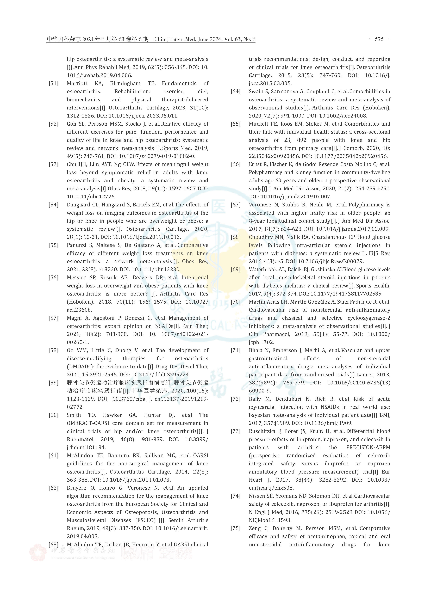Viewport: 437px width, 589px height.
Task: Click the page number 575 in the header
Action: (x=379, y=39)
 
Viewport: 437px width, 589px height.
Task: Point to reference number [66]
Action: (x=235, y=164)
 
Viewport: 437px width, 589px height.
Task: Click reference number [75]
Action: (x=235, y=528)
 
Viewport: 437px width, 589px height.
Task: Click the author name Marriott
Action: (x=77, y=84)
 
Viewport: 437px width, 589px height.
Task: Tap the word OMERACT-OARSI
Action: (x=88, y=423)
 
